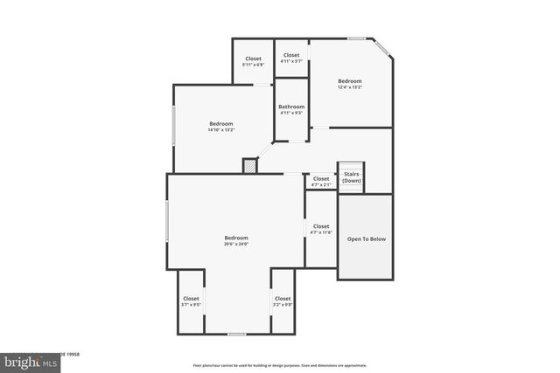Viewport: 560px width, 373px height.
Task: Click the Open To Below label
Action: click(366, 238)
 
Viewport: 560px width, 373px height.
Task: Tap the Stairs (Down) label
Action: click(351, 176)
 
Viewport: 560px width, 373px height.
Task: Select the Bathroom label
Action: click(291, 107)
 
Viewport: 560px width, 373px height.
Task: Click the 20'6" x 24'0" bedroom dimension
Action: click(236, 244)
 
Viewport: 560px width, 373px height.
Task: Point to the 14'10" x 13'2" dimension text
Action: click(221, 130)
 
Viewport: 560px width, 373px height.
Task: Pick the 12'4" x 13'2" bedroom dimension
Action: click(350, 86)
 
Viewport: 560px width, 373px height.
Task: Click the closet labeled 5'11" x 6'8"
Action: click(253, 63)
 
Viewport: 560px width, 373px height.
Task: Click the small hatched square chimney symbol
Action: click(249, 165)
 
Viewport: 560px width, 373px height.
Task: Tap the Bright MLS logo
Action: click(19, 361)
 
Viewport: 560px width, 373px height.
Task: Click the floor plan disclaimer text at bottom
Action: click(280, 365)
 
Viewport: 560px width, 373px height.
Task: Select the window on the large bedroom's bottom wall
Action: click(236, 334)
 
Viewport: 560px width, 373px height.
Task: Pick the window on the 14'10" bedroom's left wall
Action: click(173, 127)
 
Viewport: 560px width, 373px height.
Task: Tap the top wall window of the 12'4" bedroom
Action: click(356, 38)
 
